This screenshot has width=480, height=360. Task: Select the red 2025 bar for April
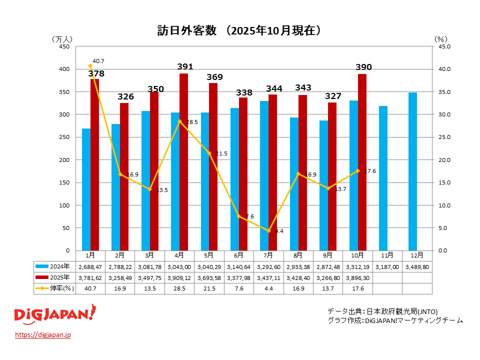[183, 162]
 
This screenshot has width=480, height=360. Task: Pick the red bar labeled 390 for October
[362, 162]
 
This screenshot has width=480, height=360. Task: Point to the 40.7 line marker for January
[90, 66]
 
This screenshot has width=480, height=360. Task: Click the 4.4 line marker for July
[268, 230]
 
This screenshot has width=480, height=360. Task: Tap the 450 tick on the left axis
[64, 46]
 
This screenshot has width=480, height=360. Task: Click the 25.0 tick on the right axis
[444, 137]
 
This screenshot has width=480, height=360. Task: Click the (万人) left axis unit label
[62, 38]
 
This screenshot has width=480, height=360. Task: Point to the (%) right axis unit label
[440, 38]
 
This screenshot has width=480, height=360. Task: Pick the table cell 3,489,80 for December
[417, 266]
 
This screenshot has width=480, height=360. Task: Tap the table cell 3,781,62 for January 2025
[90, 277]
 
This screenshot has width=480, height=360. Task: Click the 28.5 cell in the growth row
[179, 288]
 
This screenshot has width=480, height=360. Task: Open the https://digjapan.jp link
[43, 334]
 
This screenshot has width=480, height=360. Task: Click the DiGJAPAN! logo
[54, 315]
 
